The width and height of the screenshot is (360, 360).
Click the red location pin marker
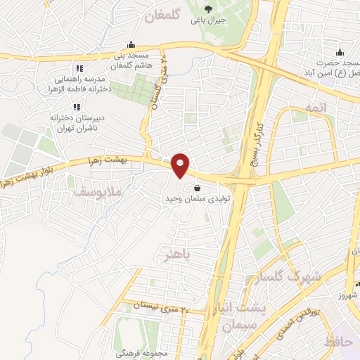181,165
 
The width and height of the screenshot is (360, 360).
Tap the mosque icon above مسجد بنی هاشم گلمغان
131,44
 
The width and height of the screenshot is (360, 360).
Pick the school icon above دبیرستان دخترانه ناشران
77,106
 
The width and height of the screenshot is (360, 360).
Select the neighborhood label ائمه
314,105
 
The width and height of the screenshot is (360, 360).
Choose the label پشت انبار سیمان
239,318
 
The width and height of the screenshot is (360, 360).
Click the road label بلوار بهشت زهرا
32,174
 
